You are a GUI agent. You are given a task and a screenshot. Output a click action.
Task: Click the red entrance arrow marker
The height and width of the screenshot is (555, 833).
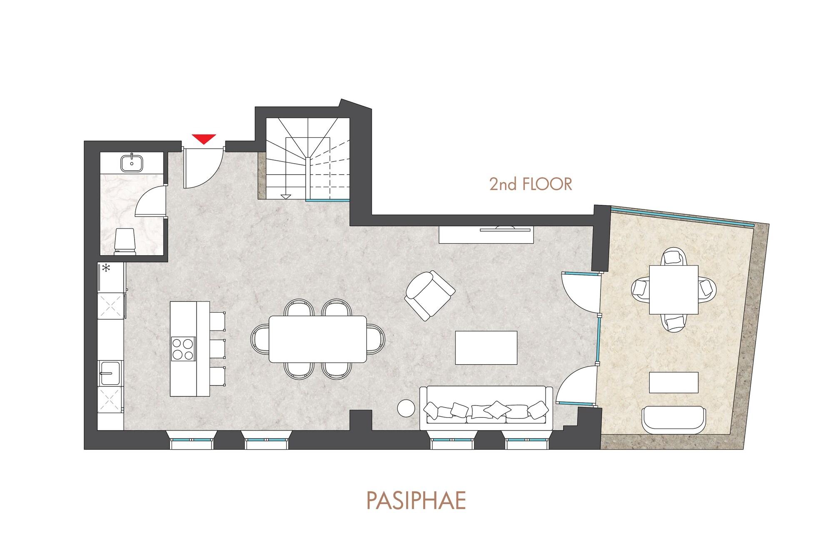coord(204,139)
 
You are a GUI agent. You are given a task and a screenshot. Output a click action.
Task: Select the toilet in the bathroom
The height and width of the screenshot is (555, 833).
coord(125,241)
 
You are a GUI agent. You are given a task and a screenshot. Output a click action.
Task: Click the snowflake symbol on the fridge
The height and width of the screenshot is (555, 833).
coord(107,268)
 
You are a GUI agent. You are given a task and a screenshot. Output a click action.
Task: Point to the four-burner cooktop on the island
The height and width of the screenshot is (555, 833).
coord(183,349)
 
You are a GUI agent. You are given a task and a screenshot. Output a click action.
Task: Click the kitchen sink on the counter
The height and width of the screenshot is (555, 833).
coord(110,373)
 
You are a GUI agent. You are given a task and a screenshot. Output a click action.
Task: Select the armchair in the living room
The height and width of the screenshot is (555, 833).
coord(430,295)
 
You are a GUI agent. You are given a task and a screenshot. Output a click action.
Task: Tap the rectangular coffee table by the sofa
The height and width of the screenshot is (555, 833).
coord(486,348)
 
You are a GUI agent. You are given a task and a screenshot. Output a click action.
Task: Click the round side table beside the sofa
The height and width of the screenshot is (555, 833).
coord(406,408)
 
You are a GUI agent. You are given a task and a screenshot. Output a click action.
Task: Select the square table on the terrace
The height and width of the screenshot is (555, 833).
coord(673,289)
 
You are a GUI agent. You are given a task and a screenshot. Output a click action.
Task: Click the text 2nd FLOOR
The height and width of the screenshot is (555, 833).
coord(530,184)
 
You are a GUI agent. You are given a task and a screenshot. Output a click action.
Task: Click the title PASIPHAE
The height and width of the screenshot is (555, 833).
coord(416,501)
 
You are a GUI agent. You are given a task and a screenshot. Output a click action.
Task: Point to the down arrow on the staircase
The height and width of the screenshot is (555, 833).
coord(286,196)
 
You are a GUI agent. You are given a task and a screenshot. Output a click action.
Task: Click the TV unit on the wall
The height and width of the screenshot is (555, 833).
coord(486,235)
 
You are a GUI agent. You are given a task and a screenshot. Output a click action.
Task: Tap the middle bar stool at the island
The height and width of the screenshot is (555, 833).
coord(217,348)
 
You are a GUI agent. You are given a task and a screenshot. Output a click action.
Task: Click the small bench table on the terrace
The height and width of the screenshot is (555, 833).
coord(673,382)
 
